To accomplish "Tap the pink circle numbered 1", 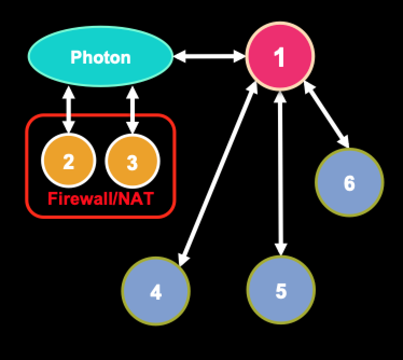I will coord(280,57).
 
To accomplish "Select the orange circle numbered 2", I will coord(68,161).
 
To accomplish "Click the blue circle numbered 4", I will coord(156,291).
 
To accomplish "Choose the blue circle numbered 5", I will coord(281,290).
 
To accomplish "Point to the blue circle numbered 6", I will coord(349,182).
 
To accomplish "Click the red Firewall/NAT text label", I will coord(100,198).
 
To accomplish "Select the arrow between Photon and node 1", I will coord(209,56).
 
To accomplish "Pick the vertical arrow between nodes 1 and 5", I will coord(280,172).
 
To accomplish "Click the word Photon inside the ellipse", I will coord(100,57).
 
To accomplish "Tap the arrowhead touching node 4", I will coord(183,260).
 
